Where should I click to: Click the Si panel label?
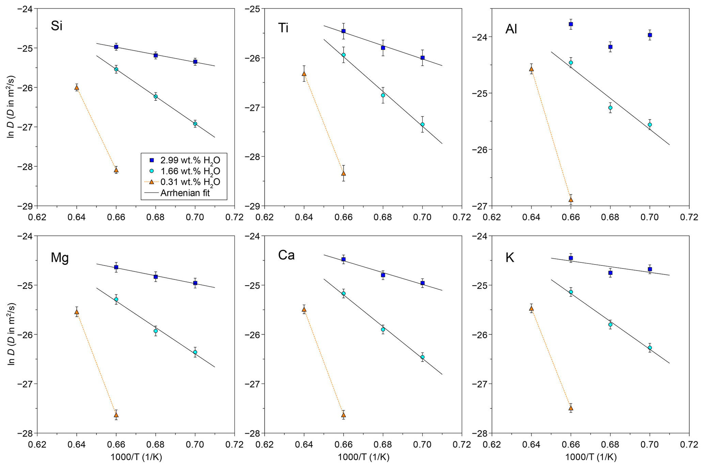pyautogui.click(x=57, y=26)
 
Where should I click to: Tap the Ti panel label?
pyautogui.click(x=283, y=28)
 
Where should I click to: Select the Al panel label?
pyautogui.click(x=511, y=29)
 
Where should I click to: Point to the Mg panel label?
pyautogui.click(x=60, y=258)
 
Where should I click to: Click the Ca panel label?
pyautogui.click(x=286, y=255)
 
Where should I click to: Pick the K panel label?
pyautogui.click(x=510, y=258)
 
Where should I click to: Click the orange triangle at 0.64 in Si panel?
pyautogui.click(x=77, y=87)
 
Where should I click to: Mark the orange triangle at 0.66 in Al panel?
pyautogui.click(x=571, y=199)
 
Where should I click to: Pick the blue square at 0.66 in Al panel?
pyautogui.click(x=571, y=24)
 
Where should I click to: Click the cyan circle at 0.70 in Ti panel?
pyautogui.click(x=422, y=125)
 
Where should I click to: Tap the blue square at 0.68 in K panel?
pyautogui.click(x=610, y=273)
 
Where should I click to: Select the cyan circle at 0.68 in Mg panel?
pyautogui.click(x=156, y=331)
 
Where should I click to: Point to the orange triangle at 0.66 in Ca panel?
pyautogui.click(x=343, y=415)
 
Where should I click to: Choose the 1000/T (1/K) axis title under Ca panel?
pyautogui.click(x=363, y=457)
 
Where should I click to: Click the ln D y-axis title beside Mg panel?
pyautogui.click(x=11, y=334)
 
